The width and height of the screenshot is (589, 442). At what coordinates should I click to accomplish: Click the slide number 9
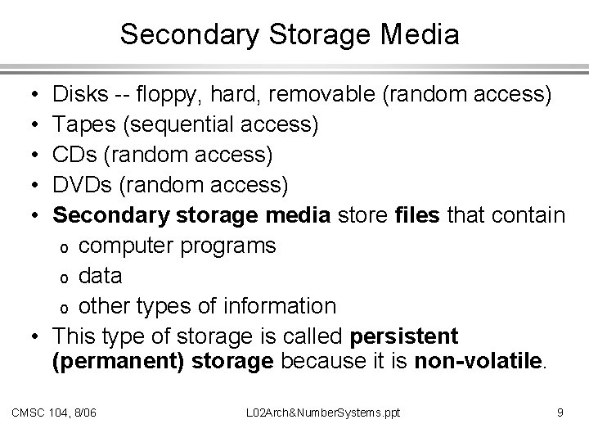560,413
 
